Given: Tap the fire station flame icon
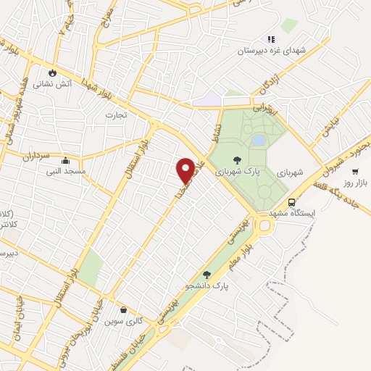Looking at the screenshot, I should tap(52, 72).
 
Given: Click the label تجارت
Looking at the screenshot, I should tap(116, 114).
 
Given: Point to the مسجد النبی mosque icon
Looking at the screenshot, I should tap(66, 161).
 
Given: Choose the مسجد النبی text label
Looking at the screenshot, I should tap(66, 172).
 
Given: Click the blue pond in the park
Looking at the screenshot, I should tap(258, 139).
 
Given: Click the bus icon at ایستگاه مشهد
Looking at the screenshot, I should tap(291, 203).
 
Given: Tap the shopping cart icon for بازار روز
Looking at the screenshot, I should tap(355, 171).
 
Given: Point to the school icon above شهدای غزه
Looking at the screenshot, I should tap(271, 39).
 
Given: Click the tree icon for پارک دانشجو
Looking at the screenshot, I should tap(207, 275).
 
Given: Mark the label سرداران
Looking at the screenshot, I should tap(33, 156).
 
